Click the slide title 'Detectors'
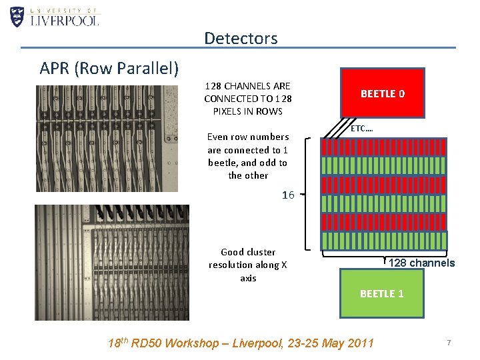pos(241,38)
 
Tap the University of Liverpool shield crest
pos(17,16)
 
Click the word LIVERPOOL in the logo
pos(65,20)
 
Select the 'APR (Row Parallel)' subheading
pos(109,68)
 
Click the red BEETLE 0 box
pos(382,94)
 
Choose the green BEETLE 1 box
pos(381,293)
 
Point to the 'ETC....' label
pos(362,127)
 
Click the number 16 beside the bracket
pos(288,195)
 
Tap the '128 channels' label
pos(421,263)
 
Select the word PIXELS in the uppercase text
pos(227,111)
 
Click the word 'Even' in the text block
pos(217,137)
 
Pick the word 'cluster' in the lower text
pos(261,252)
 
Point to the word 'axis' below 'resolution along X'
pos(248,278)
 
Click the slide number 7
pos(449,343)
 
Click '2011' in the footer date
pos(361,343)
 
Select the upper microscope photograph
pos(107,139)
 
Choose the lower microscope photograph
pos(111,262)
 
